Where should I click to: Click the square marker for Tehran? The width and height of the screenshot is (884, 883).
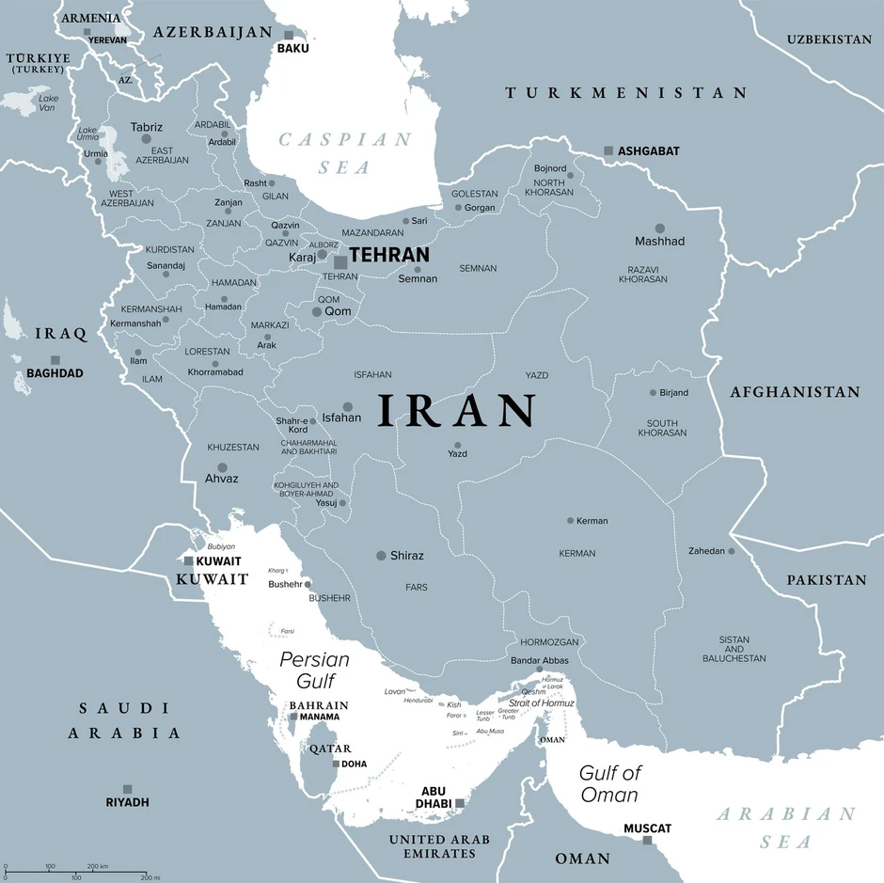tap(340, 262)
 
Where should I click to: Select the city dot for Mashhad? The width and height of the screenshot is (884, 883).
tap(660, 229)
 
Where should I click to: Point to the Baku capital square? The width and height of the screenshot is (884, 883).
tap(290, 35)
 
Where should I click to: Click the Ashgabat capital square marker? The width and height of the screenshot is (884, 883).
tap(608, 150)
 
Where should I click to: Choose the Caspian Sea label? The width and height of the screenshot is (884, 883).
tap(344, 153)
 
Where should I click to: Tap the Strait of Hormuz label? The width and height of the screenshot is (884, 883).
tap(541, 703)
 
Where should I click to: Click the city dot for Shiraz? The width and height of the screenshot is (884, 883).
tap(381, 556)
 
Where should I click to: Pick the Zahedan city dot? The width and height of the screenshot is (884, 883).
tap(731, 551)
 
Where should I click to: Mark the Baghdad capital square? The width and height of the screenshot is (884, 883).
tap(55, 360)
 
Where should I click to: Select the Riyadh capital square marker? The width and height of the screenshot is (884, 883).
tap(127, 789)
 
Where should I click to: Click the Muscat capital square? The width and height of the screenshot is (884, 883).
tap(647, 840)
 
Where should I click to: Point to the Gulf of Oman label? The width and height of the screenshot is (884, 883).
tap(609, 783)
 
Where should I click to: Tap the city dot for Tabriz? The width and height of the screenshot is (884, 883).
tap(146, 139)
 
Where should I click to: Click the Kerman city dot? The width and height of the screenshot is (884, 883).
tap(570, 520)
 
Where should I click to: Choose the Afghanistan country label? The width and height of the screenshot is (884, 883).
tap(795, 392)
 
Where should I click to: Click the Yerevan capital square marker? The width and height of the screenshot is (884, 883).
tap(87, 32)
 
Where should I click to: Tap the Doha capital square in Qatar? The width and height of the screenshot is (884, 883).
tap(336, 764)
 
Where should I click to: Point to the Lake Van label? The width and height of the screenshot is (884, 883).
tap(48, 102)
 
